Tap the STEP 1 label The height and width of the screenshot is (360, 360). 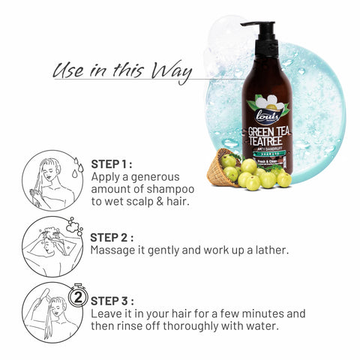point(112,163)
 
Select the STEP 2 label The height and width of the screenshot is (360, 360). point(112,237)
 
